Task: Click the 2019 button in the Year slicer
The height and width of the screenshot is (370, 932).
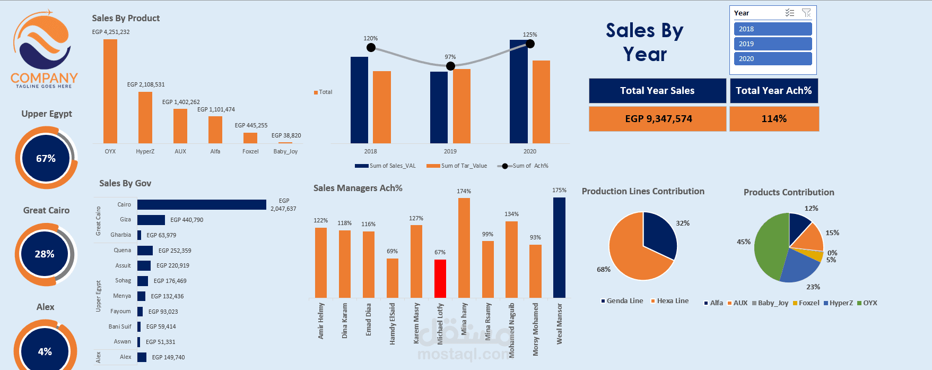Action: (772, 44)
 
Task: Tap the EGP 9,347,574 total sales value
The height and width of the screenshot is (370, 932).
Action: (658, 119)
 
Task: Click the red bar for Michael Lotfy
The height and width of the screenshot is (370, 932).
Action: (440, 278)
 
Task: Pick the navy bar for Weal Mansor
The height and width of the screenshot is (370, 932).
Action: (559, 247)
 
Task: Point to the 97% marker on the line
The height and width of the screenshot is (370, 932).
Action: (450, 66)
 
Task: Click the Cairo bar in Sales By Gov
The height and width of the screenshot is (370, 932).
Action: (202, 204)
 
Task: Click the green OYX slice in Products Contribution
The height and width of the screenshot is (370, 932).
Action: (769, 247)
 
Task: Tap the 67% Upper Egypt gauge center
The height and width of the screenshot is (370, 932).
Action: (46, 159)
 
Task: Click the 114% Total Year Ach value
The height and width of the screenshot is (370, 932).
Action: (774, 119)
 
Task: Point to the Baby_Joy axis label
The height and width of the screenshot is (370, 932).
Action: (285, 151)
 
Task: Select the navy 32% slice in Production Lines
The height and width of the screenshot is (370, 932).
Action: (658, 234)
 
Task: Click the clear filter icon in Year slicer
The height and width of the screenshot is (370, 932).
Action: (806, 13)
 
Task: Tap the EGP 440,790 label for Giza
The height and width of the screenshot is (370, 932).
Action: (186, 220)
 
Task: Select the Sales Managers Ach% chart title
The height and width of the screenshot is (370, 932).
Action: (358, 188)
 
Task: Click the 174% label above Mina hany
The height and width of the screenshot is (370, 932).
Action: (464, 191)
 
